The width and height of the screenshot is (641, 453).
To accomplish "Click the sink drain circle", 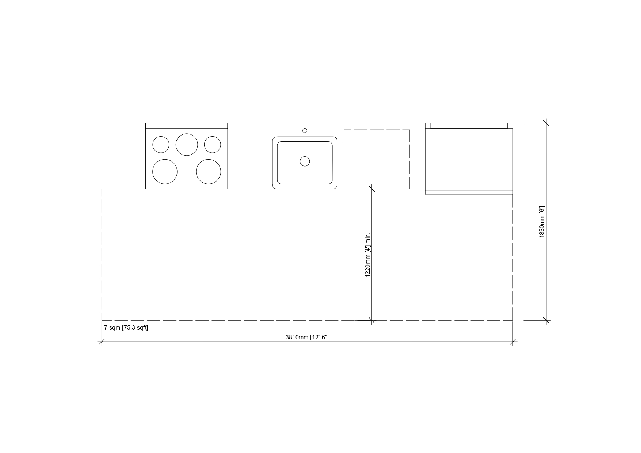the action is pos(305,161).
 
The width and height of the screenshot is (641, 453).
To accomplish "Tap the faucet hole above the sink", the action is pos(305,130).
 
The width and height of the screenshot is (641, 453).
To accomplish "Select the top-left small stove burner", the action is pos(161,145).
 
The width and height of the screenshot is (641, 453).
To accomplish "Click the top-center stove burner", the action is pos(187,145).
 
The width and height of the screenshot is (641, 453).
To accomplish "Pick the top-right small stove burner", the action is pos(213,145).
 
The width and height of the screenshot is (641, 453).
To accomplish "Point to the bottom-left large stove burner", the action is pos(165,172).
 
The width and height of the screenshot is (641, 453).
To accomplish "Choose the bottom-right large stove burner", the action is pos(209,172).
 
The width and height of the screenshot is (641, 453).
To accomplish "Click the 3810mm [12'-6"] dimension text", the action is pos(307,338).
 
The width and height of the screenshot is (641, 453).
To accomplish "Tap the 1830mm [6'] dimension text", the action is pos(542,222).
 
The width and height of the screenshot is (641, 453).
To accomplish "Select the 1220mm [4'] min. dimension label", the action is pos(368,255).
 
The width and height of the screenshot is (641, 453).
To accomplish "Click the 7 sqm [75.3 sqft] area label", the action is pos(126,328).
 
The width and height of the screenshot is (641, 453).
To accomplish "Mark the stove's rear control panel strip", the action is pos(187,126).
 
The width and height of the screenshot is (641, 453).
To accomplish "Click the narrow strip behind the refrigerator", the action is pos(469,126).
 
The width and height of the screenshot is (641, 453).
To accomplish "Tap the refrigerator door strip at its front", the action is pos(469,192).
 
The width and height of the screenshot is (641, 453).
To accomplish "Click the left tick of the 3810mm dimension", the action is pos(102,342).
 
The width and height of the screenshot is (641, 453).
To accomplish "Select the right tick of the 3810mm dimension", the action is pos(513,342).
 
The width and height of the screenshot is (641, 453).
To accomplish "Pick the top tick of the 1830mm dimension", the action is pos(546,123).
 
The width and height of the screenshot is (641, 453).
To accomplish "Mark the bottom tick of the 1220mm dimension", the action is pos(372,320).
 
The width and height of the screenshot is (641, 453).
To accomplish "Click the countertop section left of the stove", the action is pos(123,156).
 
